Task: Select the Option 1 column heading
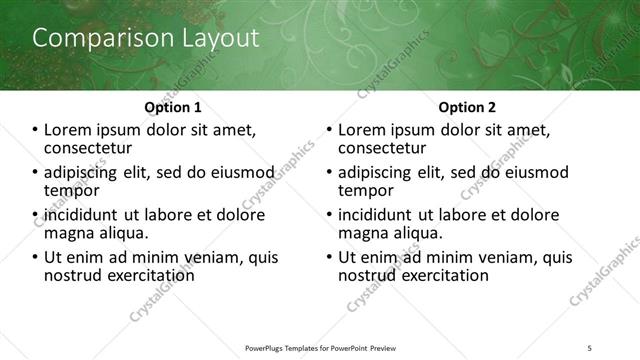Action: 173,106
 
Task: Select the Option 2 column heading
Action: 466,106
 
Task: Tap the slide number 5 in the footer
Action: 590,347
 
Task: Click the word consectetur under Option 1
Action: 89,147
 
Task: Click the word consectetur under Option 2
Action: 383,147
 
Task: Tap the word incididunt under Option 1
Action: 83,215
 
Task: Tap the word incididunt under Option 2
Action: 377,215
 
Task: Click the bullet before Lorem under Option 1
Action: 36,130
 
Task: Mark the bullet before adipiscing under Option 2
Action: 330,172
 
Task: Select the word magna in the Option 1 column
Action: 67,232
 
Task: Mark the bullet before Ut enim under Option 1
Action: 36,257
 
